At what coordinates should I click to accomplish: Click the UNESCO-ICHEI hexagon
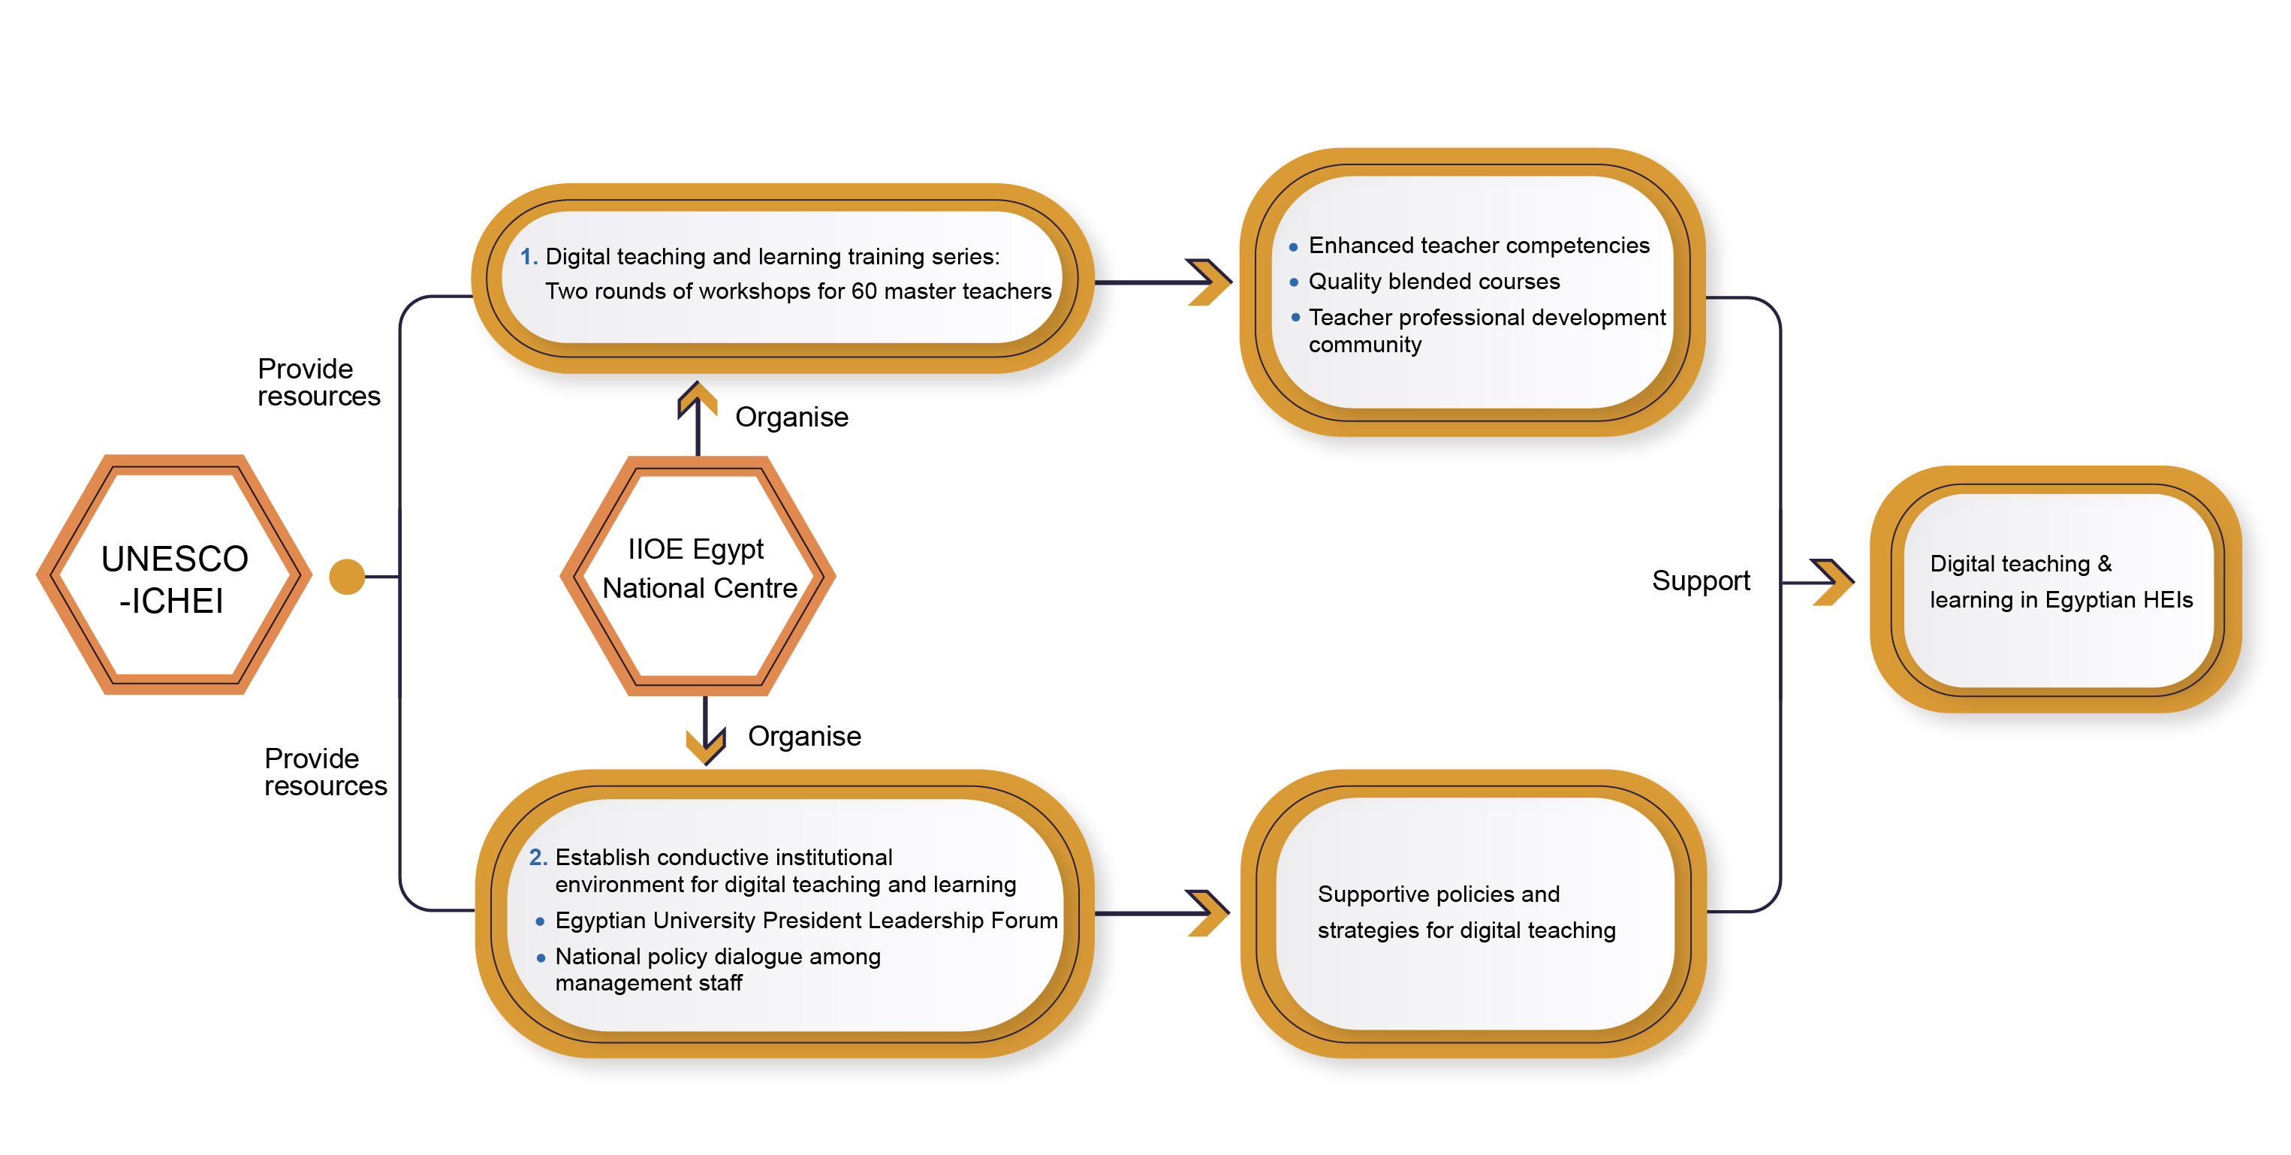[174, 576]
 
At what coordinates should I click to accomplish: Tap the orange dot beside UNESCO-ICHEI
[347, 576]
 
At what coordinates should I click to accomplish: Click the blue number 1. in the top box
[529, 257]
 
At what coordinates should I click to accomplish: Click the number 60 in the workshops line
[864, 291]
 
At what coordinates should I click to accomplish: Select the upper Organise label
[791, 417]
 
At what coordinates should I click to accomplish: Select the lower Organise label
[804, 736]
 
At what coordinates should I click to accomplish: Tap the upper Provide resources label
[318, 382]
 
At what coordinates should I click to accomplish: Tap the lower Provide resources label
[324, 772]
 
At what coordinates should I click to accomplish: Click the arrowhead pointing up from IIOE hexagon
[698, 398]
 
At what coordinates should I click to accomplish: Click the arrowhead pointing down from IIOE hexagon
[705, 744]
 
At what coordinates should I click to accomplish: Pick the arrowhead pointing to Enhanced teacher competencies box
[1209, 282]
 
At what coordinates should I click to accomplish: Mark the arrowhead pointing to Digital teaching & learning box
[1832, 583]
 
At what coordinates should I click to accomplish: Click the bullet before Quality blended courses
[1294, 283]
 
